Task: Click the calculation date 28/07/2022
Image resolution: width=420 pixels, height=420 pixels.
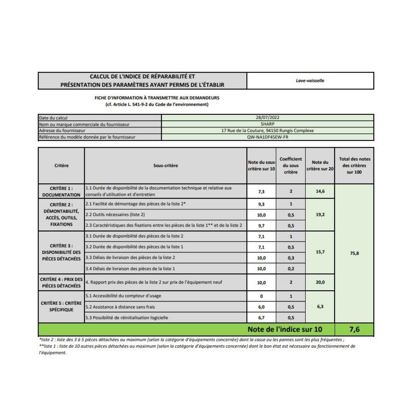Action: (267, 118)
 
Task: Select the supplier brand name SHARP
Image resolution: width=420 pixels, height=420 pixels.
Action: (267, 124)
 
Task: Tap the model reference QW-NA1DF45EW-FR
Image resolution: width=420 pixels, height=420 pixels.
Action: (267, 137)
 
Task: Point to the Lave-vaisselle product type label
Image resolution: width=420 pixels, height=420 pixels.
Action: (310, 80)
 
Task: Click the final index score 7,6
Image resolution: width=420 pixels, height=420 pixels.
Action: (354, 329)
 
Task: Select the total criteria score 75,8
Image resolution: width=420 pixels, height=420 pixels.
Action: (354, 253)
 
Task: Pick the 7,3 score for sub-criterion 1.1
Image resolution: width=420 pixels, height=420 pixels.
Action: (261, 192)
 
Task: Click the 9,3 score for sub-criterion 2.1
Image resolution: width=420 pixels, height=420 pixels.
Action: (261, 204)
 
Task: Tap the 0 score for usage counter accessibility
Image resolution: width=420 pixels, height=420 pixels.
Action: (261, 296)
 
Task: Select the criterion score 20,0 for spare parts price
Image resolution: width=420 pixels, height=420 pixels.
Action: (320, 282)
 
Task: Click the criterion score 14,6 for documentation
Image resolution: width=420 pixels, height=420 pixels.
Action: (320, 191)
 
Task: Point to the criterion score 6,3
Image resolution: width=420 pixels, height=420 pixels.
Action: (320, 307)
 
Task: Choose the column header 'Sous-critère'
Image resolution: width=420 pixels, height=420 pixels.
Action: (166, 166)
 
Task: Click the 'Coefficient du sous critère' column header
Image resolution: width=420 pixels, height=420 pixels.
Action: (290, 166)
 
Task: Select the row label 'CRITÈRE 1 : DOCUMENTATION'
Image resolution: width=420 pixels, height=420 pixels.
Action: (61, 191)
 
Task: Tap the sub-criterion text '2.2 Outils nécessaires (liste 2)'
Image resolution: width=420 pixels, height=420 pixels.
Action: (115, 215)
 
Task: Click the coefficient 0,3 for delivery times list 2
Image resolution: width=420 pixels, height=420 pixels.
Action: (290, 258)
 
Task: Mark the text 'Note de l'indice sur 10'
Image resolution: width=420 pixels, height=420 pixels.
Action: (285, 329)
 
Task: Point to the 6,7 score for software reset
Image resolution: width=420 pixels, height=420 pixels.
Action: (261, 318)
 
